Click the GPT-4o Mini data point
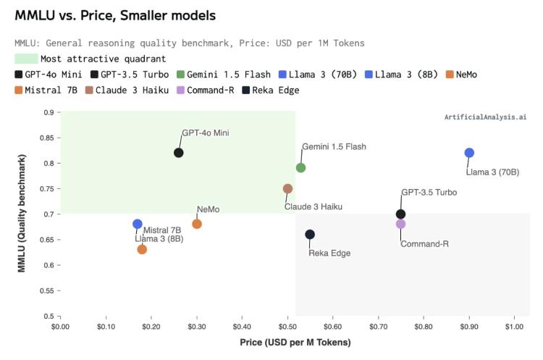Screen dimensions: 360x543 coord(179,152)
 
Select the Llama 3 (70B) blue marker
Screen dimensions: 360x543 coord(469,152)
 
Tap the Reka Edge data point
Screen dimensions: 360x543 coord(310,234)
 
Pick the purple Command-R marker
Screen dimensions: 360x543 coord(400,224)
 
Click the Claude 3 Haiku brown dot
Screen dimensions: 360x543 coord(287,188)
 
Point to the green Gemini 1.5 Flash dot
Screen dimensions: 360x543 coord(300,167)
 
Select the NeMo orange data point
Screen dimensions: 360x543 coord(197,224)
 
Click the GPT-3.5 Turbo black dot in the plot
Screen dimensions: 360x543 coord(400,214)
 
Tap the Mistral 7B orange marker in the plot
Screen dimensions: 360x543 coord(142,249)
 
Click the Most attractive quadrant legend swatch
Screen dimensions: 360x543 coord(26,59)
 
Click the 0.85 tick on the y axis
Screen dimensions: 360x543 coord(48,138)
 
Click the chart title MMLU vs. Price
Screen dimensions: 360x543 coord(115,14)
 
